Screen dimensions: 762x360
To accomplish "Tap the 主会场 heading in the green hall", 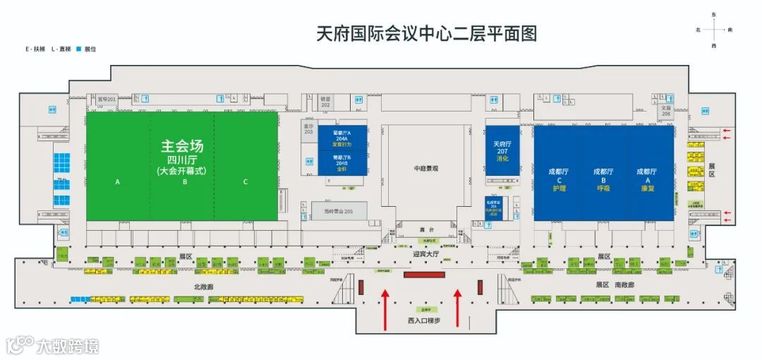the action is click(x=182, y=147).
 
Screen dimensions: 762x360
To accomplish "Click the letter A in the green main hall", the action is click(x=118, y=182).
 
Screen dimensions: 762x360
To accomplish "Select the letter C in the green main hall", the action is click(x=246, y=182).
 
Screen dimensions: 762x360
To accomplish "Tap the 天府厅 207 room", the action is click(x=502, y=151).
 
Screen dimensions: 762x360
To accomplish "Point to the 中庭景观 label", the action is click(x=426, y=168).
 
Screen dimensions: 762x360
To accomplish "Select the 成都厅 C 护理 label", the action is click(x=558, y=179).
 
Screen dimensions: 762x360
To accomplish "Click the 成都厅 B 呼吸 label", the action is click(x=603, y=179).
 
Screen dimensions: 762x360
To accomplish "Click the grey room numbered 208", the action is click(x=665, y=111).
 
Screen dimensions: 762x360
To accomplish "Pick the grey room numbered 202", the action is click(x=325, y=104).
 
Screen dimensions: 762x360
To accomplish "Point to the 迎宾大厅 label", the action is click(x=425, y=253).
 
